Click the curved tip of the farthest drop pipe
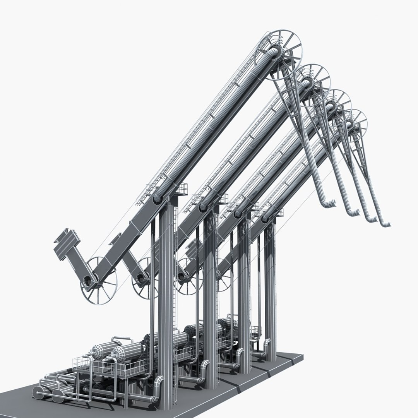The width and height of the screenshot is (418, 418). tap(385, 224)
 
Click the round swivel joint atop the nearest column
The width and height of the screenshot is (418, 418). tap(158, 198)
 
